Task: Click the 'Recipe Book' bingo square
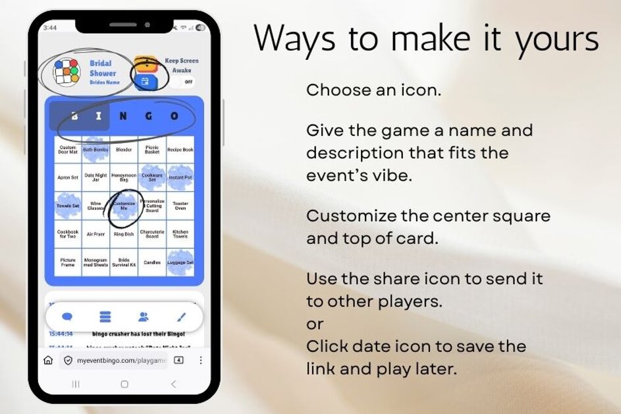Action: (x=180, y=150)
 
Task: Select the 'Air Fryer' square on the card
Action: (x=95, y=233)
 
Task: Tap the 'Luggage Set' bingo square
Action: (x=180, y=262)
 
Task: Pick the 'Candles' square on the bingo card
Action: (x=152, y=262)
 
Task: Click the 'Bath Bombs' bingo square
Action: (x=95, y=150)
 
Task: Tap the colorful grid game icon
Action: (x=66, y=72)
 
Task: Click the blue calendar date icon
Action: (x=145, y=81)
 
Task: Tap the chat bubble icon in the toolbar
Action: (x=67, y=316)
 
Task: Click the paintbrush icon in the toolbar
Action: (x=182, y=316)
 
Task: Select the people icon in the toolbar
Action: (x=144, y=316)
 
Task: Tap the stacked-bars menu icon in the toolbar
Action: (x=105, y=316)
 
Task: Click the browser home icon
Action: (x=48, y=361)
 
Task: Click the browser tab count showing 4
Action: (x=178, y=361)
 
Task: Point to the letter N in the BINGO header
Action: (x=124, y=117)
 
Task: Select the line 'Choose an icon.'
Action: (x=373, y=90)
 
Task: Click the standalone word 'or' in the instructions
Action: (x=315, y=324)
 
